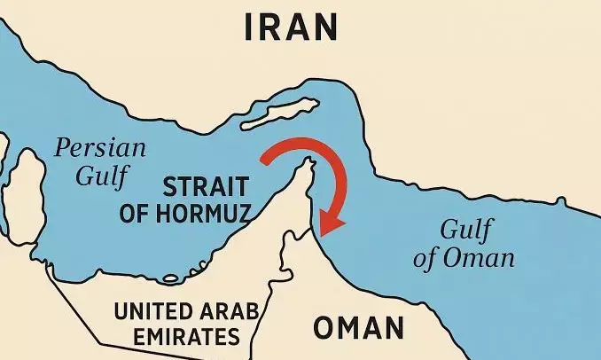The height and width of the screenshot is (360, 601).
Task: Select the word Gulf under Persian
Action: pyautogui.click(x=96, y=175)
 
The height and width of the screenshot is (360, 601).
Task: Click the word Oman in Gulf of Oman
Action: pyautogui.click(x=489, y=259)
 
